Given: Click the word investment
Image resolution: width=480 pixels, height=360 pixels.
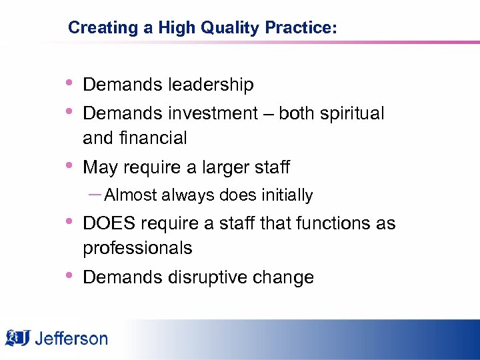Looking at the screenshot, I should click(x=213, y=114).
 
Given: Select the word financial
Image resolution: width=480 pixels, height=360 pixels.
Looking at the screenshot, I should click(x=155, y=138).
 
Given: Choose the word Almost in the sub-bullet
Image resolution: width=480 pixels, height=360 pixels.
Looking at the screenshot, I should click(x=131, y=195).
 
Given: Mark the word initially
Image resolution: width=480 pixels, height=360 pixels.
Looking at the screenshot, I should click(x=286, y=195).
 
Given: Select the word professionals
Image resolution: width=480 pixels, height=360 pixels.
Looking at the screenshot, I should click(x=137, y=248).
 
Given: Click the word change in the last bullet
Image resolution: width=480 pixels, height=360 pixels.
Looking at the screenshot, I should click(x=286, y=277).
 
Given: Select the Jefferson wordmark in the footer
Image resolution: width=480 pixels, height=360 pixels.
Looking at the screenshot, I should click(x=71, y=339).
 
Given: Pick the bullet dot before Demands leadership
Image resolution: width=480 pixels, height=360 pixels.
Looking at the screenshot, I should click(x=69, y=83).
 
